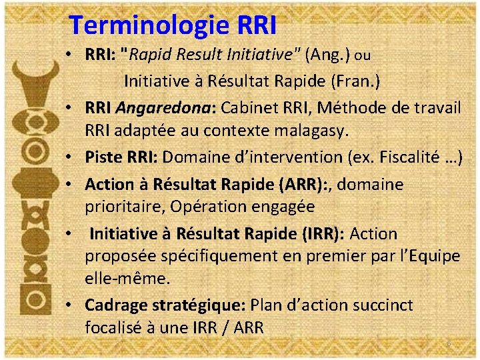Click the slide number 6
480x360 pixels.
[449, 343]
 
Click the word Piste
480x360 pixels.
[101, 157]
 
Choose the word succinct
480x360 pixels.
[380, 305]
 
